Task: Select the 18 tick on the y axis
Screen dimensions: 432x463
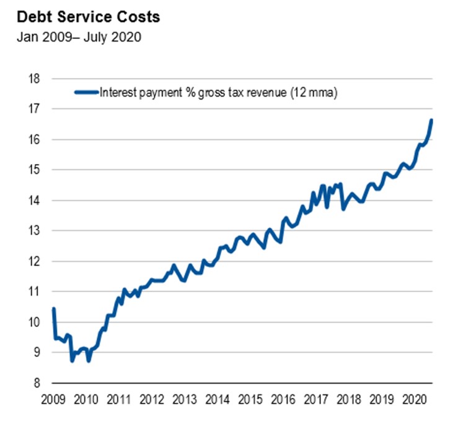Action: click(x=35, y=79)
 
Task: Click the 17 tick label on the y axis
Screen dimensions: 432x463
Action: click(x=35, y=109)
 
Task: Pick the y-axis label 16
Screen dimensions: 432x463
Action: click(x=35, y=139)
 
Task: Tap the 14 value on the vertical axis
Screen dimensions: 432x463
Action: click(x=35, y=200)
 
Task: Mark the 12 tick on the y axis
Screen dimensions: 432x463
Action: click(x=35, y=261)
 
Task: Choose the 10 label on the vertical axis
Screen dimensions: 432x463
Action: click(x=35, y=322)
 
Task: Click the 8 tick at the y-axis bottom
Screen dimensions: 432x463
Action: click(x=37, y=382)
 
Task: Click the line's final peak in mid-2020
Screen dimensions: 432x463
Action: click(x=431, y=120)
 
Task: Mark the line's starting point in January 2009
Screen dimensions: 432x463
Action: click(x=53, y=308)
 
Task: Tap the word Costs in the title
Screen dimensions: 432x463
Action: click(x=140, y=17)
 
